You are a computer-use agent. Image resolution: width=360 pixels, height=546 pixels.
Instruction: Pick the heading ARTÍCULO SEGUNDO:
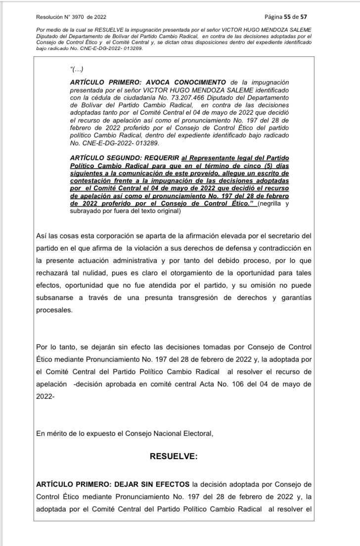click(100, 156)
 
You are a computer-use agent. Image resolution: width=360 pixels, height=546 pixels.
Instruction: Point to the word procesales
click(54, 311)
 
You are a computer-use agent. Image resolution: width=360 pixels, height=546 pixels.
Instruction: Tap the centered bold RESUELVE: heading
click(173, 457)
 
